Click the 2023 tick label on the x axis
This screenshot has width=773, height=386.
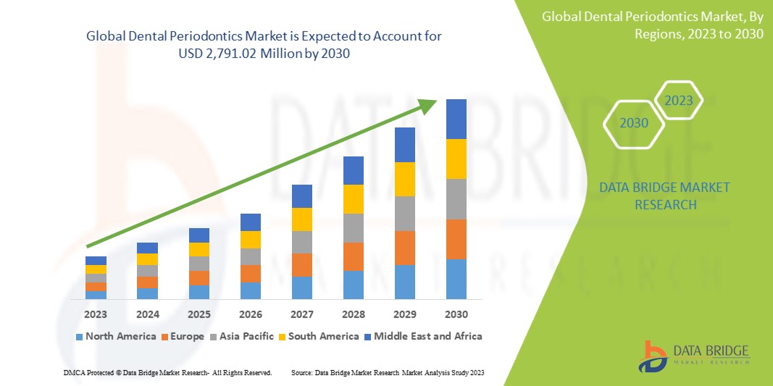96,314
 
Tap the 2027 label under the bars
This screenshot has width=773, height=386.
302,314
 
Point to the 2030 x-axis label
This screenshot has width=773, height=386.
456,314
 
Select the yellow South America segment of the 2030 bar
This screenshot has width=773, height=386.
456,159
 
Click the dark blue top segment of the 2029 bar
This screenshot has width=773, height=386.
405,145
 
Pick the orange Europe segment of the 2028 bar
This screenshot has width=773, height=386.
354,256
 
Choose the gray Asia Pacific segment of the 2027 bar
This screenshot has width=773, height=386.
302,242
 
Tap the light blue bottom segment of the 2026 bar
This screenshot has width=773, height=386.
251,290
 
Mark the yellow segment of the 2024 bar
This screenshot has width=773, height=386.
148,259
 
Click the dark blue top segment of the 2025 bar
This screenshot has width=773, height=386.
199,235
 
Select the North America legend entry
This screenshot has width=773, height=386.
115,336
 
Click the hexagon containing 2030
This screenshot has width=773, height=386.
635,123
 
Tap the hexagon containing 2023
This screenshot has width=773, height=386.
679,101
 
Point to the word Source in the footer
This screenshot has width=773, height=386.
302,372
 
